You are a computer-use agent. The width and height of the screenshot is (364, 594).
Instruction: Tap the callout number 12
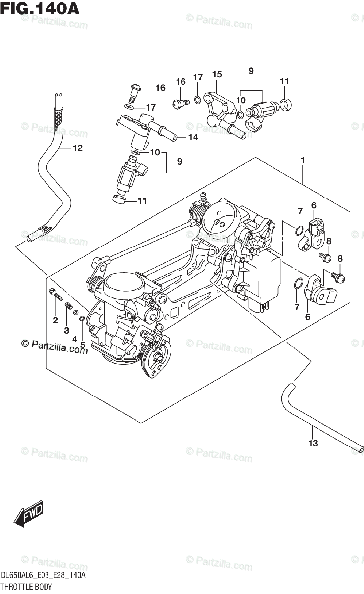(x=78, y=148)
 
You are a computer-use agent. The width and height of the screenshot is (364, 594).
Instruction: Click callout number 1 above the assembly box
(x=302, y=161)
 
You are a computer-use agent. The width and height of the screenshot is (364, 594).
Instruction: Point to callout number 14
(x=192, y=137)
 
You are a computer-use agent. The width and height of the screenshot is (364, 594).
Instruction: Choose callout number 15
(x=217, y=74)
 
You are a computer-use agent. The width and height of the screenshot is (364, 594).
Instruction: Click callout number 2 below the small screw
(x=55, y=320)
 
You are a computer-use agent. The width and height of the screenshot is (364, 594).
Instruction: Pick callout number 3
(x=66, y=330)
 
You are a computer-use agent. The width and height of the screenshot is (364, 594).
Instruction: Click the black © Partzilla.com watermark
(x=54, y=346)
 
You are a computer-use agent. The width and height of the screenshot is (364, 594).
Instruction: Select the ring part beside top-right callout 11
(x=285, y=104)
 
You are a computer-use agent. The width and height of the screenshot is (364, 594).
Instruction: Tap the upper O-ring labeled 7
(x=299, y=229)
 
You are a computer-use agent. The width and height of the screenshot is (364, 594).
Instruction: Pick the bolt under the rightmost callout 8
(x=338, y=276)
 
